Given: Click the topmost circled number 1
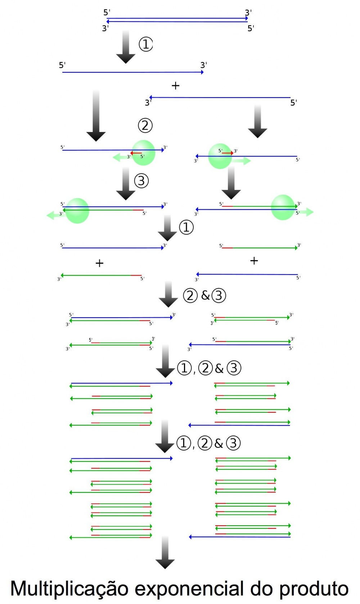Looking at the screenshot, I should pyautogui.click(x=146, y=44).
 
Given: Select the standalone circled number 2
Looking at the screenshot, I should pyautogui.click(x=145, y=125).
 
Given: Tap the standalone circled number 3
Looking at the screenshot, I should pyautogui.click(x=141, y=181).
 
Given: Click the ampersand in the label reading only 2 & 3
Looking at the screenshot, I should pyautogui.click(x=205, y=295).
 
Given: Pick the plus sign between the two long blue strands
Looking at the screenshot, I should pyautogui.click(x=175, y=86).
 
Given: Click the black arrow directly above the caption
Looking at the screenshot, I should pyautogui.click(x=165, y=552).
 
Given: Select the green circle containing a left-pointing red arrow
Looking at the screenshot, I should pyautogui.click(x=143, y=153).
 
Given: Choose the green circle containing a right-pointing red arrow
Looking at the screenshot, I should pyautogui.click(x=220, y=156).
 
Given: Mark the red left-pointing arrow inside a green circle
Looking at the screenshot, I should pyautogui.click(x=136, y=153).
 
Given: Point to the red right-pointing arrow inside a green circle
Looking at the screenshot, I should pyautogui.click(x=227, y=153).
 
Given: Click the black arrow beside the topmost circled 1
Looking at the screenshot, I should pyautogui.click(x=126, y=47).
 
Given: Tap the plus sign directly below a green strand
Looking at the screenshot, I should pyautogui.click(x=254, y=260).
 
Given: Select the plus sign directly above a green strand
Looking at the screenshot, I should pyautogui.click(x=99, y=263).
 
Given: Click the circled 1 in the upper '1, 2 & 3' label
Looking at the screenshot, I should pyautogui.click(x=184, y=368).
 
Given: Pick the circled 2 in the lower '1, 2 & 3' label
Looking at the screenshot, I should pyautogui.click(x=205, y=443).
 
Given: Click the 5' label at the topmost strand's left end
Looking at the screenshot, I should pyautogui.click(x=107, y=13).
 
